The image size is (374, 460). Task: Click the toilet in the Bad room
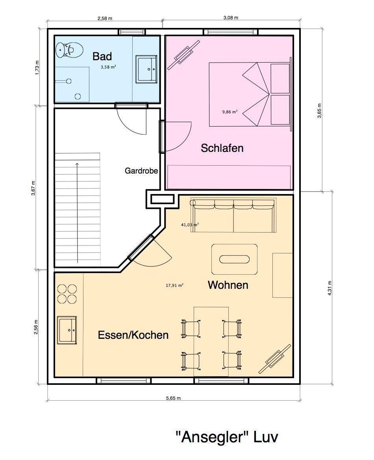(69, 50)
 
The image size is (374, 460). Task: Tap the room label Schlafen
(222, 148)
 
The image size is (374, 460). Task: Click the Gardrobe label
(141, 170)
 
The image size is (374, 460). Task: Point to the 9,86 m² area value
(230, 112)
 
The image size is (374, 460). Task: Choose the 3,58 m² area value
(108, 67)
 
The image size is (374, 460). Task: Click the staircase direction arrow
(77, 213)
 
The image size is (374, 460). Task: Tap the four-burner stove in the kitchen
(67, 294)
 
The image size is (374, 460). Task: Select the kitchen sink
(67, 330)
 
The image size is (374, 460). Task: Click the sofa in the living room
(233, 216)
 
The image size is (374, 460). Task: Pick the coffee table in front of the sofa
(235, 259)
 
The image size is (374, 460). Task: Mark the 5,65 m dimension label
(174, 398)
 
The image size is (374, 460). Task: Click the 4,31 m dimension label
(330, 288)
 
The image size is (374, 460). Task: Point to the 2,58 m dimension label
(105, 18)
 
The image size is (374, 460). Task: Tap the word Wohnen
(228, 285)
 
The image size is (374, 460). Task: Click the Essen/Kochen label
(133, 335)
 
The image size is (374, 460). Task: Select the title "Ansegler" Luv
(227, 437)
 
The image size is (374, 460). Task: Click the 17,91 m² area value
(175, 285)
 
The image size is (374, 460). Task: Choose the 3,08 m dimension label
(231, 18)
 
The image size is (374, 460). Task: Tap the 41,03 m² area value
(190, 225)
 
